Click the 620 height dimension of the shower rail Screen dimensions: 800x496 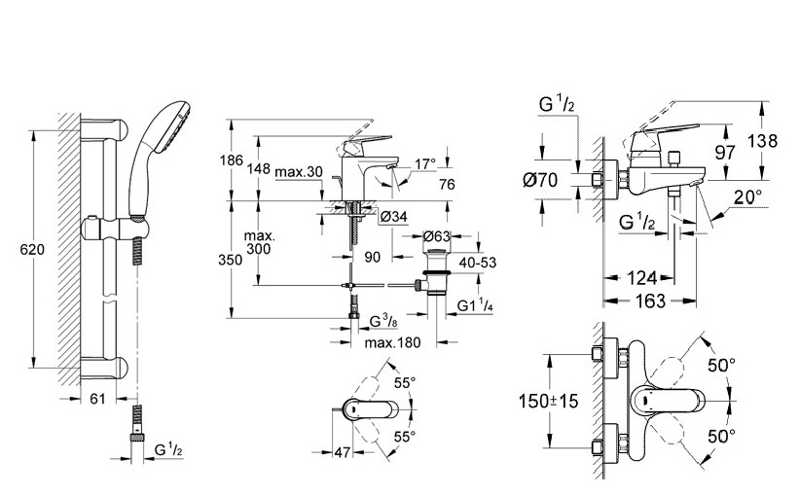[x=32, y=250]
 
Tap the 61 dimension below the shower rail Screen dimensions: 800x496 [x=97, y=398]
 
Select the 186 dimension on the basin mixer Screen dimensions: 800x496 [x=231, y=160]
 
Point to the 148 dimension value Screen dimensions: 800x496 [x=259, y=167]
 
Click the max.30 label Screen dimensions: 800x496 [x=299, y=172]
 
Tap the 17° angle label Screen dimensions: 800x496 [x=425, y=164]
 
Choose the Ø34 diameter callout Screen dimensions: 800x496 [x=394, y=217]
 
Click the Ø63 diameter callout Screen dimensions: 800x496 [x=437, y=236]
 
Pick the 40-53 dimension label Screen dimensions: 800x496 [x=478, y=263]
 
